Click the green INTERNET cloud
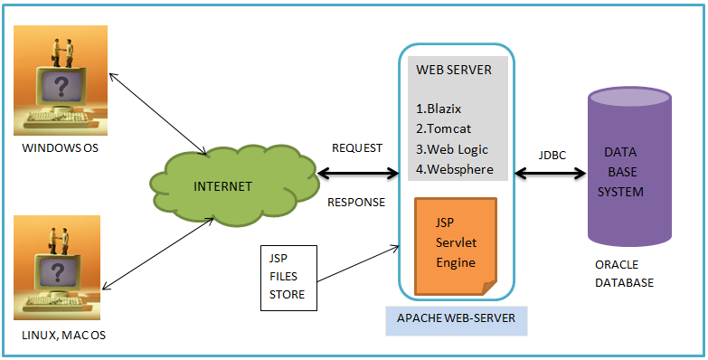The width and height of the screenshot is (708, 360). tap(234, 185)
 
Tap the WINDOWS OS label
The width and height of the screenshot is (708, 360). tap(60, 148)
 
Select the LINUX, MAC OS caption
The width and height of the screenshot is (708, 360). tap(63, 336)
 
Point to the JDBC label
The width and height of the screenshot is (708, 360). tap(552, 155)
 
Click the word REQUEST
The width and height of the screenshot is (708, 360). tap(357, 148)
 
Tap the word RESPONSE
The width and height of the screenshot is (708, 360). tap(356, 203)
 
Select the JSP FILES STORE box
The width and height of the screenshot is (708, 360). tap(289, 278)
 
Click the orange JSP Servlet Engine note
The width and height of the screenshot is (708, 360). tap(456, 246)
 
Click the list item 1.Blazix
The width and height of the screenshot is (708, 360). tap(439, 109)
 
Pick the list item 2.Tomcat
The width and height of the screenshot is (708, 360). tap(443, 128)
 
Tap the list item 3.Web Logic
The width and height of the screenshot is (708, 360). tap(452, 149)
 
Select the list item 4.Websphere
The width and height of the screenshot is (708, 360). tap(455, 169)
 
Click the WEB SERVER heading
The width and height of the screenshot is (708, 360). tap(454, 70)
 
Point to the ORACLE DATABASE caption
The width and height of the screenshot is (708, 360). tap(624, 274)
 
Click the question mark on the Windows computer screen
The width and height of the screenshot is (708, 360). tap(62, 86)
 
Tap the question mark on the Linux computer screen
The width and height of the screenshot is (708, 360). tap(57, 272)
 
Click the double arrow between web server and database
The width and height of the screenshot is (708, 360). tap(551, 173)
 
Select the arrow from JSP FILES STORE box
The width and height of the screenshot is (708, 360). tap(358, 264)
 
